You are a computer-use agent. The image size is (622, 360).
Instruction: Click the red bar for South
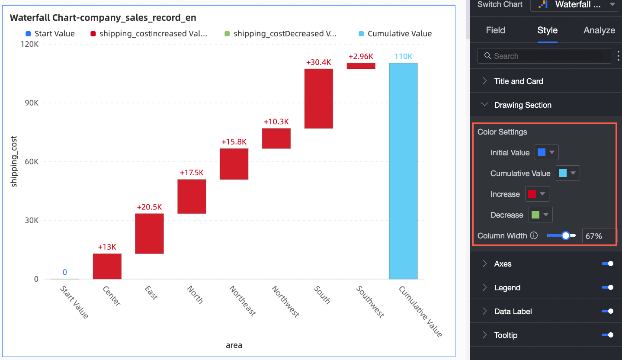click(318, 99)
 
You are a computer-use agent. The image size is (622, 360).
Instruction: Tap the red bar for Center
click(107, 266)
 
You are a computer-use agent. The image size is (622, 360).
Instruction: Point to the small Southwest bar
click(361, 66)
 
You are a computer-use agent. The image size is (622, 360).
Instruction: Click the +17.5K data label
click(192, 173)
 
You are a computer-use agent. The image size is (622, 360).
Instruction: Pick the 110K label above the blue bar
click(403, 57)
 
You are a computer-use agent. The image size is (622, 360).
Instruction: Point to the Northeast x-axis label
click(242, 301)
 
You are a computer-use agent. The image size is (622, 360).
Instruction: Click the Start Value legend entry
click(50, 34)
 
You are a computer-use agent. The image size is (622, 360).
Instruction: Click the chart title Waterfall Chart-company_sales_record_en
click(103, 18)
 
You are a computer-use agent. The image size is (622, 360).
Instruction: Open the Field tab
click(495, 30)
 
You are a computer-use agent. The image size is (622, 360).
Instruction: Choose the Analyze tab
click(599, 30)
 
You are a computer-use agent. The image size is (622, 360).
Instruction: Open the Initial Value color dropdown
click(547, 153)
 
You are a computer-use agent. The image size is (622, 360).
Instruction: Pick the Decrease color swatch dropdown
click(541, 215)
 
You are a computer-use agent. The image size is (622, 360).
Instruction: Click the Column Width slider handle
click(566, 236)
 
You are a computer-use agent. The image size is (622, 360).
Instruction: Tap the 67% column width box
click(598, 236)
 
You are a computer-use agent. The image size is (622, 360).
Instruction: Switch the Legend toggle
click(607, 288)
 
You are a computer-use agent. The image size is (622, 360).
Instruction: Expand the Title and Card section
click(518, 81)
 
